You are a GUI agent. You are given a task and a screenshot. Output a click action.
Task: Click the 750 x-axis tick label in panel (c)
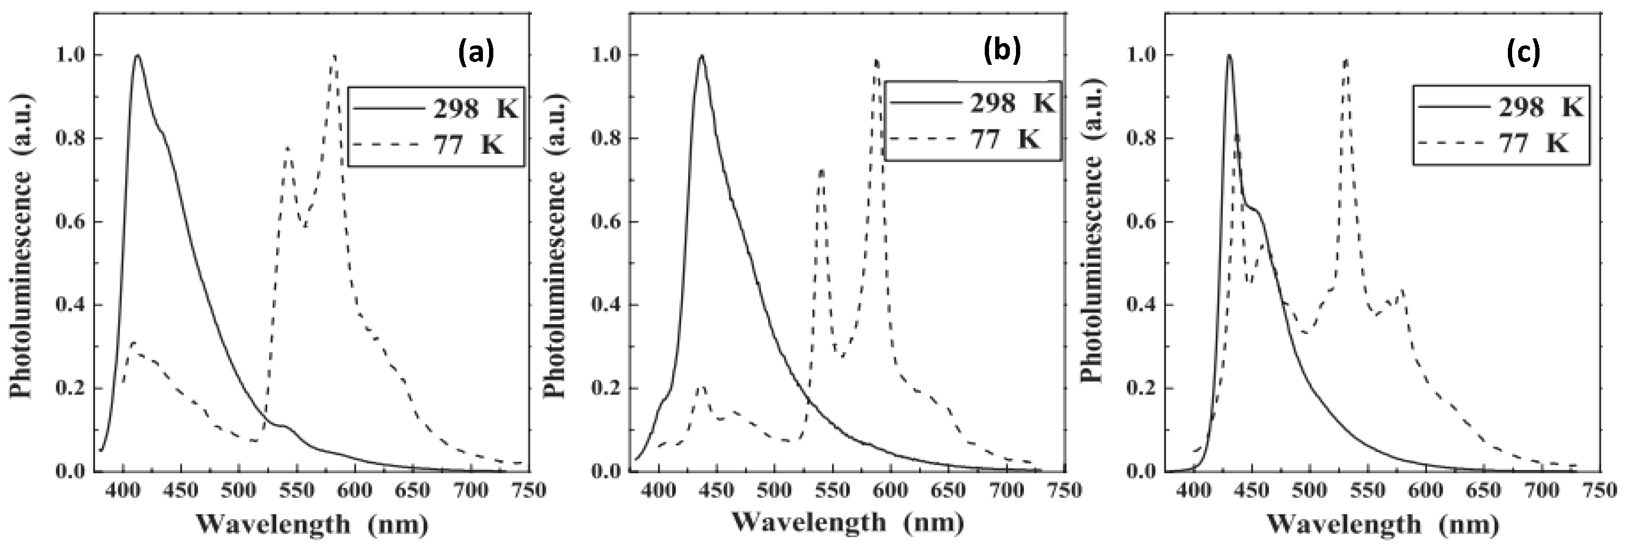click(x=1599, y=490)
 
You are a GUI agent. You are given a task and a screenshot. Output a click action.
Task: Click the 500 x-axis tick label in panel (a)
click(x=239, y=490)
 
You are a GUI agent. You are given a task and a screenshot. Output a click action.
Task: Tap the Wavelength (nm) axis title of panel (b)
click(x=847, y=523)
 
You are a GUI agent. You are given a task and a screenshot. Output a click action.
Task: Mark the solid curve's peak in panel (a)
click(x=137, y=56)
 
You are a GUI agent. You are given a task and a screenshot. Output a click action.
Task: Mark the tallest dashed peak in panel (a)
click(x=334, y=56)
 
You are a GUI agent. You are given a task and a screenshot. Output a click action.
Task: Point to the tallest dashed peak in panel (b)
click(x=876, y=60)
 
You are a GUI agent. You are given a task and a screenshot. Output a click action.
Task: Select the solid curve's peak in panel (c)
click(x=1229, y=56)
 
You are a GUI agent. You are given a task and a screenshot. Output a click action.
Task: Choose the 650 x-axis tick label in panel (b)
click(x=948, y=490)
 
